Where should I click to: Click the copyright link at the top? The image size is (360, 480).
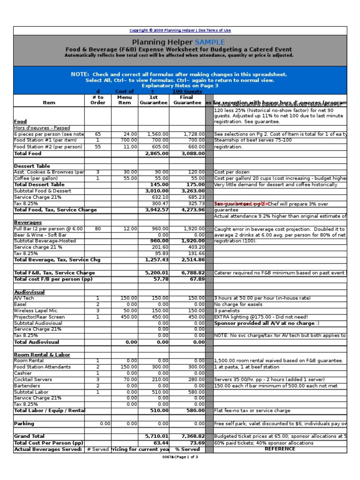(180, 30)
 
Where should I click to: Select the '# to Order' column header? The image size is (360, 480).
(98, 100)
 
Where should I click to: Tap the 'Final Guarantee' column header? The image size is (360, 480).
(187, 100)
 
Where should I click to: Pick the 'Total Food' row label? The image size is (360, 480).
(28, 153)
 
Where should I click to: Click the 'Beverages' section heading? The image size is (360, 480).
(28, 222)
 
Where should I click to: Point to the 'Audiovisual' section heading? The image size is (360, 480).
(30, 292)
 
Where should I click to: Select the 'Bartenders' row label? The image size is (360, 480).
(28, 385)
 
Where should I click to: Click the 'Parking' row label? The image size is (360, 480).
(24, 423)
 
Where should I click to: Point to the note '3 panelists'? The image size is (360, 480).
(226, 310)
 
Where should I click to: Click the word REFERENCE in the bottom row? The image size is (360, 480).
(280, 449)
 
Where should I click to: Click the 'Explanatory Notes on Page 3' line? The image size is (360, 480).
(180, 86)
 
